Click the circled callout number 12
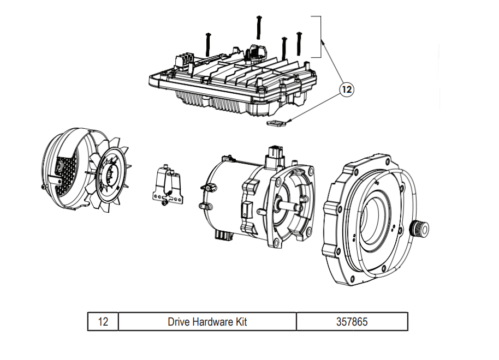coord(347,88)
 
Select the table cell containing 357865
coord(352,322)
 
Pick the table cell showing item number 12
coord(103,322)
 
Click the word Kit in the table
coord(240,322)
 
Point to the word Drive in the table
coord(179,322)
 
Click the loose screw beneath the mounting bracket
coord(164,204)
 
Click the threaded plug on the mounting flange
coord(420,228)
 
